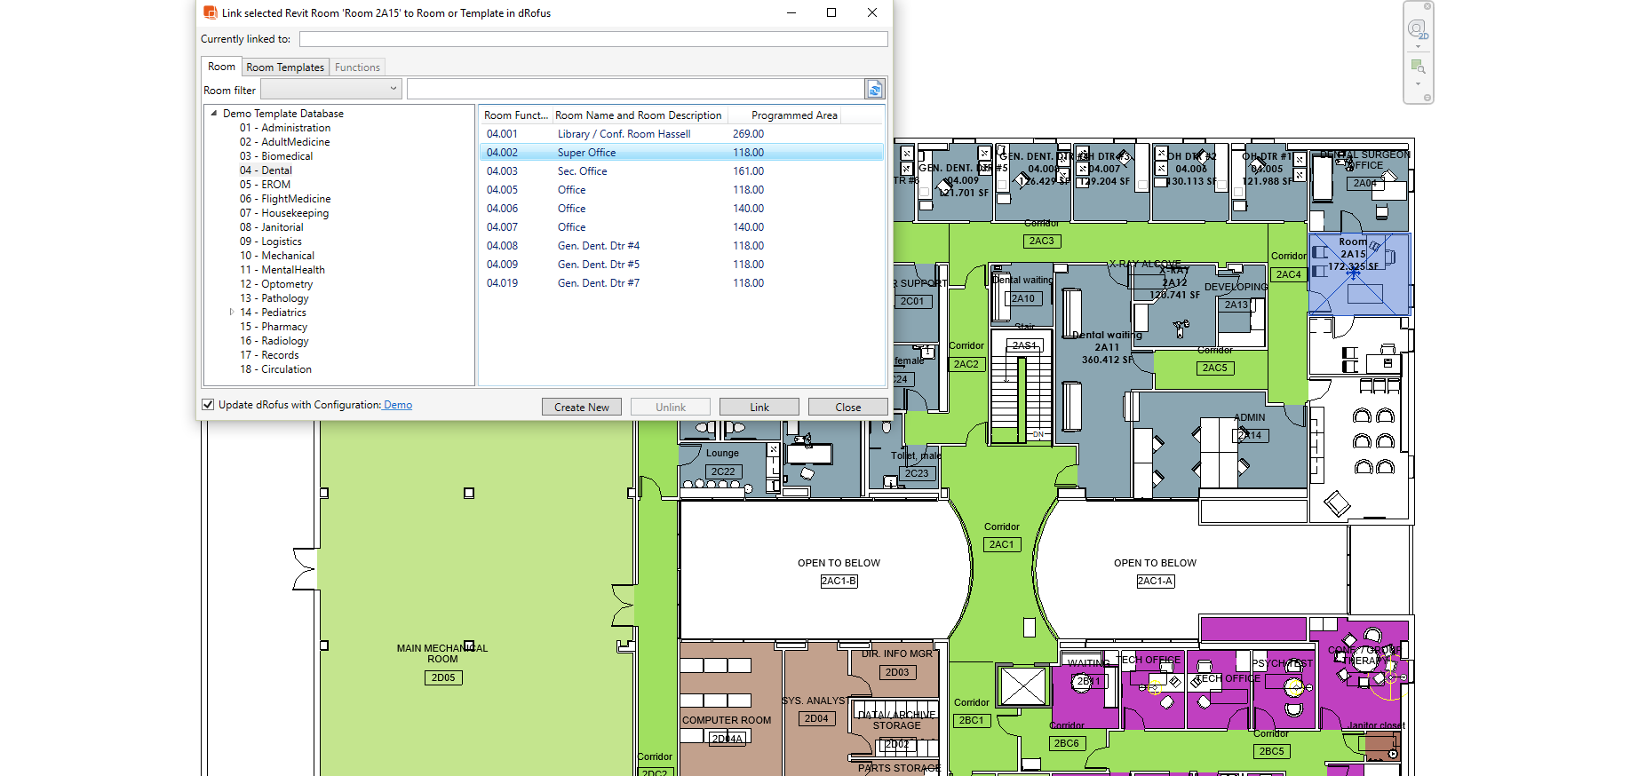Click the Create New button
[x=581, y=408]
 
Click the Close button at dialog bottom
[x=847, y=408]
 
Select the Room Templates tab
[x=285, y=67]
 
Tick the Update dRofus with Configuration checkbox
[x=208, y=405]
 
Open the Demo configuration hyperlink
[x=398, y=405]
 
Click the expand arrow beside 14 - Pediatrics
[x=232, y=313]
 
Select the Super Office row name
[x=586, y=153]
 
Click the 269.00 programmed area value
[x=748, y=134]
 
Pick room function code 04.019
[x=502, y=283]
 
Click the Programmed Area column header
[x=793, y=115]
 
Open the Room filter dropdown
[x=330, y=90]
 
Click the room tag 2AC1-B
[x=839, y=582]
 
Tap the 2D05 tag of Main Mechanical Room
[x=443, y=677]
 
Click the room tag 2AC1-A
[x=1155, y=582]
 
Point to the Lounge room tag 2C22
[x=722, y=472]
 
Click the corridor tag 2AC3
[x=1041, y=242]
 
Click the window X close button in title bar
[x=871, y=12]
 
